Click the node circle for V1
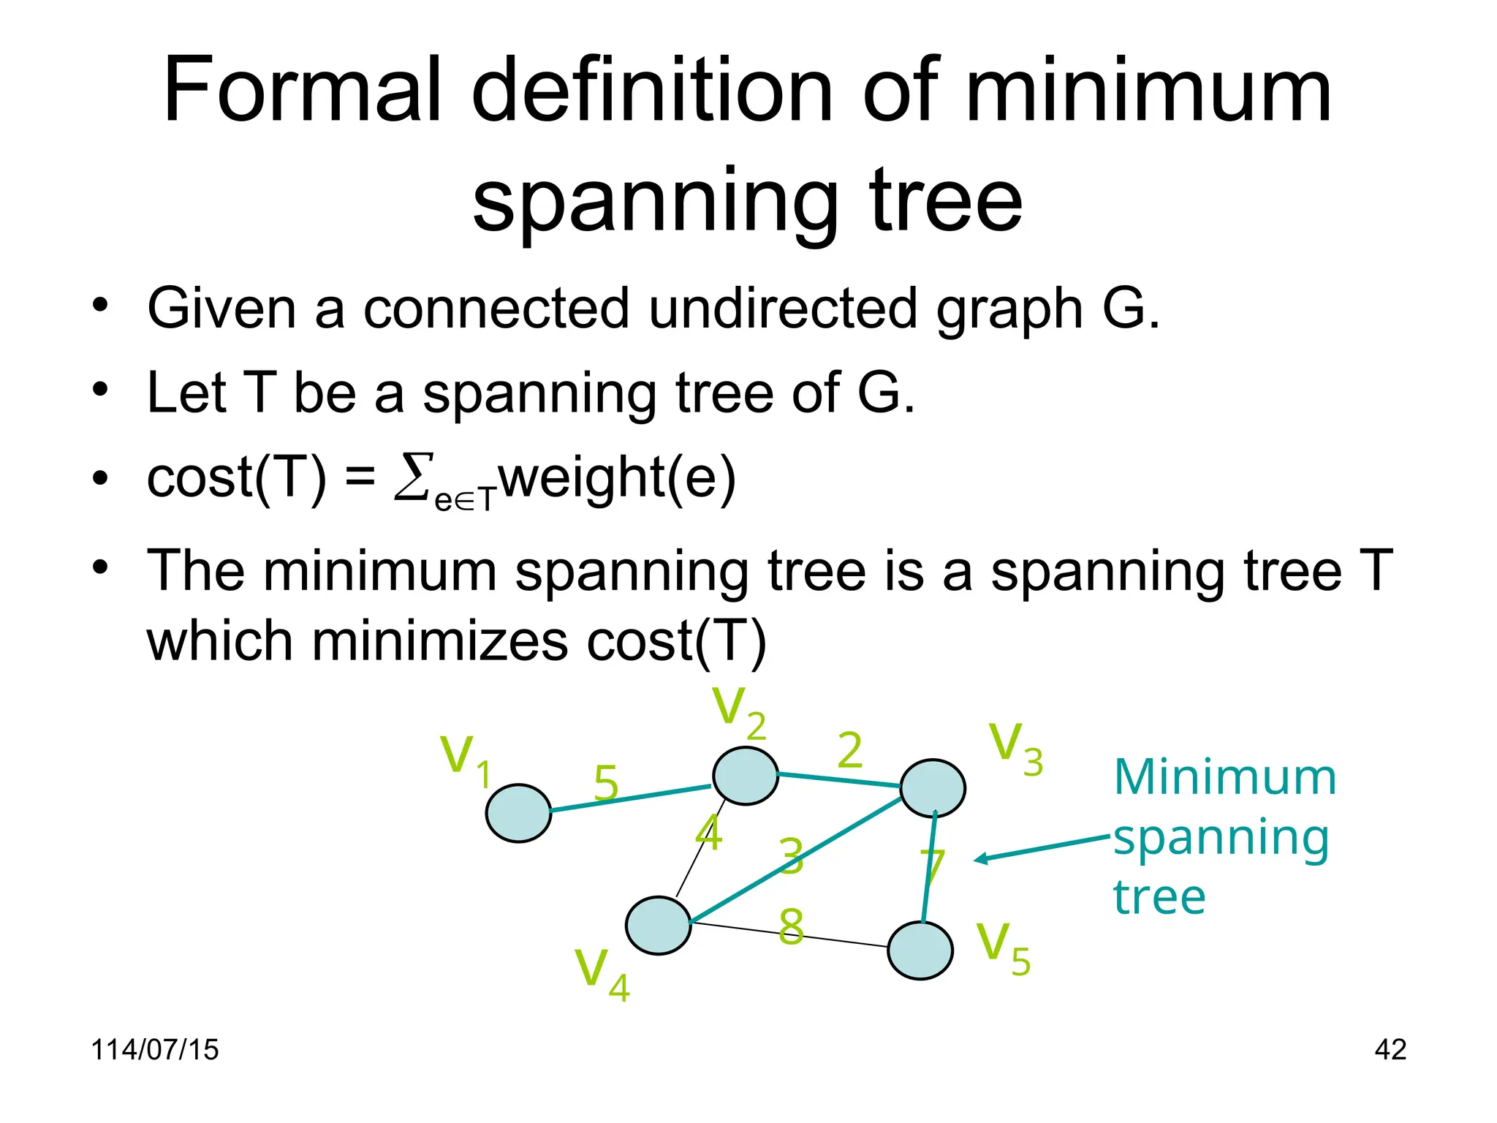point(518,813)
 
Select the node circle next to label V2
point(745,776)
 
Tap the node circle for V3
point(933,788)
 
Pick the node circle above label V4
point(659,926)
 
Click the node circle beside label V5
point(920,950)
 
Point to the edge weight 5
point(606,783)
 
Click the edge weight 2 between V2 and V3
point(849,750)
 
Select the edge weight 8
point(791,926)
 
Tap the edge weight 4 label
point(708,832)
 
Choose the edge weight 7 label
point(932,867)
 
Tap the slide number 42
point(1390,1049)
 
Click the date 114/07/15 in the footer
point(154,1049)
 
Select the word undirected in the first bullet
point(782,308)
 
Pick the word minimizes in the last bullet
point(439,640)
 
